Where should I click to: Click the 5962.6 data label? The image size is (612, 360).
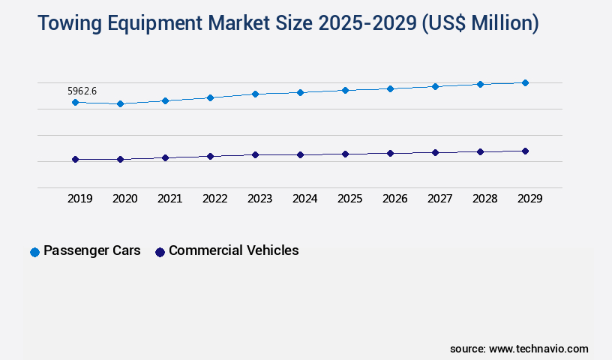coord(82,91)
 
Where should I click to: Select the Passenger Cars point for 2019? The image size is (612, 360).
coord(75,102)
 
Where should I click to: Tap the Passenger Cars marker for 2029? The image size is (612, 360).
coord(525,82)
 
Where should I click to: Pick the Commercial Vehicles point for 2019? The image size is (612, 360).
coord(75,159)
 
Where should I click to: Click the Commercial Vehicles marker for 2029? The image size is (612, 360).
coord(525,151)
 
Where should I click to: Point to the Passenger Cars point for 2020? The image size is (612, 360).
coord(120,103)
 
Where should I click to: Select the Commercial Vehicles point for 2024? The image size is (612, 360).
coord(300,154)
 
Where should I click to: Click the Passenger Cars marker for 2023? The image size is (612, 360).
coord(255,94)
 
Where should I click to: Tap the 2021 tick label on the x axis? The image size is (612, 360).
coord(169,199)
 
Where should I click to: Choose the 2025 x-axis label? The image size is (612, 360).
coord(349,199)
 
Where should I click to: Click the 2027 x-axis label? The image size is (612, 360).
coord(439,199)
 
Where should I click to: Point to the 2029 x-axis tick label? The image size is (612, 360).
coord(529,199)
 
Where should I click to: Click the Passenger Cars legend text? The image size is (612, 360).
coord(91,250)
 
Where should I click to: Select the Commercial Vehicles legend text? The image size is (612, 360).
coord(233,250)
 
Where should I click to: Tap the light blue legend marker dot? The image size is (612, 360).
coord(34,252)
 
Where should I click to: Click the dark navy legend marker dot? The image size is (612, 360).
coord(159,252)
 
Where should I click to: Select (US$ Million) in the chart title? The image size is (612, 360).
coord(480,24)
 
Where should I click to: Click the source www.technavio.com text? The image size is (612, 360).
coord(519,349)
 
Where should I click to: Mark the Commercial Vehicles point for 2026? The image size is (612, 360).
coord(390,153)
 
